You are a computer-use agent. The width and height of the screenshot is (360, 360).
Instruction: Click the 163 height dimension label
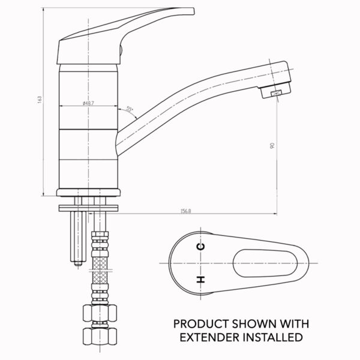pyautogui.click(x=40, y=100)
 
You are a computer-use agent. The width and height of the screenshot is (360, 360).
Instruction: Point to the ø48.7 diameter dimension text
pyautogui.click(x=88, y=103)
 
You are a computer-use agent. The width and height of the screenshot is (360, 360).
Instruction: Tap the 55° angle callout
pyautogui.click(x=130, y=109)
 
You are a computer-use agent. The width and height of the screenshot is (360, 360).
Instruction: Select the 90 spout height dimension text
pyautogui.click(x=272, y=145)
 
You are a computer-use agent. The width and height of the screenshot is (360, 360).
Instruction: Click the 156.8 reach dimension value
pyautogui.click(x=186, y=211)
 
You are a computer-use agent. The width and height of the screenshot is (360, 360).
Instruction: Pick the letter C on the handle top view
pyautogui.click(x=200, y=247)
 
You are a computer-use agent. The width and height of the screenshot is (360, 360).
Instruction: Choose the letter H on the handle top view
pyautogui.click(x=200, y=280)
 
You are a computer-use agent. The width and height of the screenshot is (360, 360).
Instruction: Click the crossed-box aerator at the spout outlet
pyautogui.click(x=276, y=93)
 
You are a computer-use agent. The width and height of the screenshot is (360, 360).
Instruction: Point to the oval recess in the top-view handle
pyautogui.click(x=265, y=263)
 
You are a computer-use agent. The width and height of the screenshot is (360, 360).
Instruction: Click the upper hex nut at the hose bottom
pyautogui.click(x=100, y=313)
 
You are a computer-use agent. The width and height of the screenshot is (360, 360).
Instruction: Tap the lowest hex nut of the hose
pyautogui.click(x=100, y=336)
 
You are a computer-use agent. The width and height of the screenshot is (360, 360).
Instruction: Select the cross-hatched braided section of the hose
pyautogui.click(x=100, y=270)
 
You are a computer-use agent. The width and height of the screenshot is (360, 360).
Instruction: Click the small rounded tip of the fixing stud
pyautogui.click(x=78, y=263)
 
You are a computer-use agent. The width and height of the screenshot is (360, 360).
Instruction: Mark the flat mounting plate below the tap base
pyautogui.click(x=89, y=208)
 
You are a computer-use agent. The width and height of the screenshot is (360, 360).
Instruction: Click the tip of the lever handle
pyautogui.click(x=194, y=11)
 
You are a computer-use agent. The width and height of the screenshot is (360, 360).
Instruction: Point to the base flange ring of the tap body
pyautogui.click(x=89, y=193)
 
